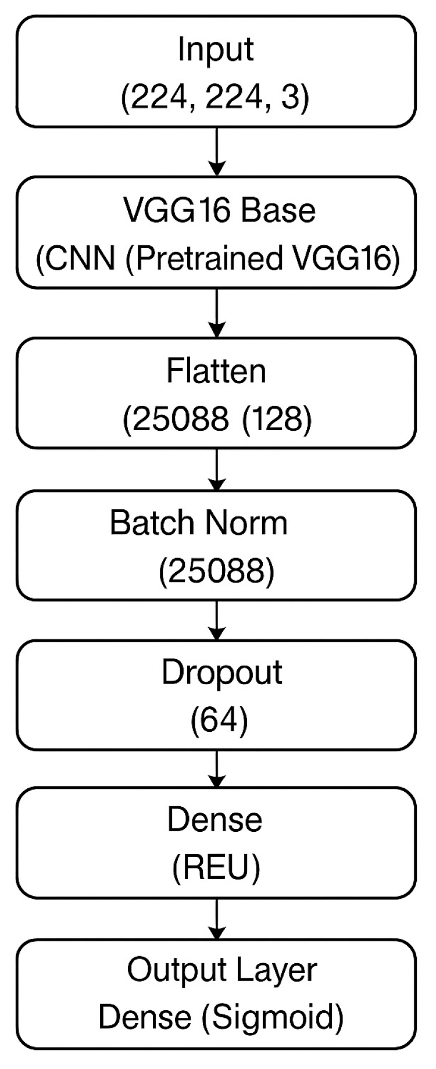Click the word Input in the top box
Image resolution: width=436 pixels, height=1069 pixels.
216,49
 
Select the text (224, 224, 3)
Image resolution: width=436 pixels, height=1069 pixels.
215,96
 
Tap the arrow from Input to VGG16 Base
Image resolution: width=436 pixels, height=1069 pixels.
216,151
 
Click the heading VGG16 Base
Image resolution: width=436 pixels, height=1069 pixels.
219,210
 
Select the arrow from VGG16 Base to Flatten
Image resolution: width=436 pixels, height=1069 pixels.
216,312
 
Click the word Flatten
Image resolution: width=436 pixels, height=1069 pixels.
216,371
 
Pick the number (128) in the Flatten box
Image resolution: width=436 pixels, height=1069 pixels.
277,419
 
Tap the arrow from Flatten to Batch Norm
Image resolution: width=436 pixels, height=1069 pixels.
216,469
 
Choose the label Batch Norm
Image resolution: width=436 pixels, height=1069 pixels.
198,523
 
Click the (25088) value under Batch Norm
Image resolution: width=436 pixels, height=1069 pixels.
216,571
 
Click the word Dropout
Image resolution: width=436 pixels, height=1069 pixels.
221,673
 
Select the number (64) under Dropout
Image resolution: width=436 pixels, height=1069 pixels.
219,720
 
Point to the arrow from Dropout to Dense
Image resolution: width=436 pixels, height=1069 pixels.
216,768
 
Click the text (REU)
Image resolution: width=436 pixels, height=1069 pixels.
216,868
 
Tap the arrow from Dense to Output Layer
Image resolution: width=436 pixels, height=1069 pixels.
216,918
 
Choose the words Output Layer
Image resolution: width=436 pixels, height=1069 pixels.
222,970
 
